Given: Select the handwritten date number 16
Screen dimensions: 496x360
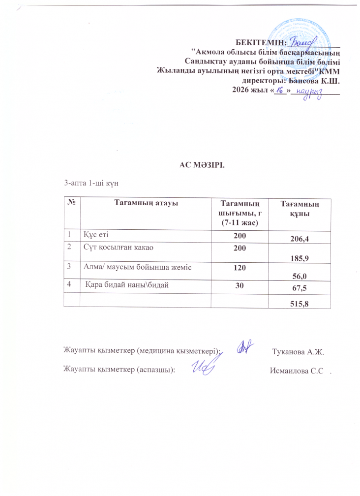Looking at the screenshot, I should pyautogui.click(x=280, y=92).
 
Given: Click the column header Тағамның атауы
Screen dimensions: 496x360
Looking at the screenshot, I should pyautogui.click(x=146, y=202).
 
